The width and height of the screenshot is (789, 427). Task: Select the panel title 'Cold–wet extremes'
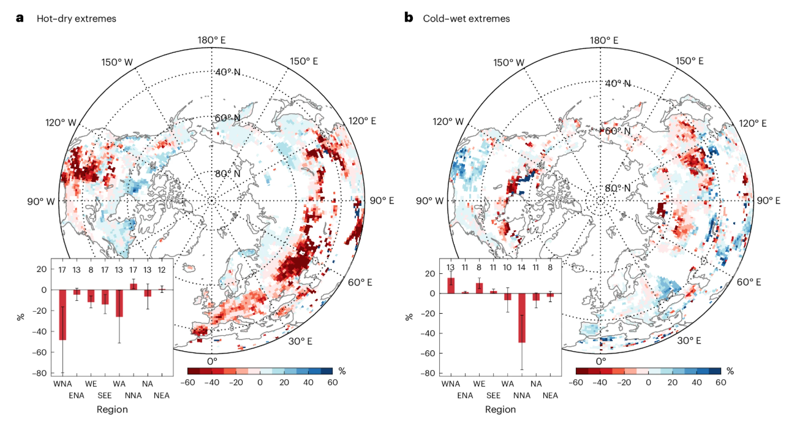tap(466, 18)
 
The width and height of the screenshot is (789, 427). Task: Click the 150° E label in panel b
tap(690, 61)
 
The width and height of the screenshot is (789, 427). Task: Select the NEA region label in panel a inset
tap(162, 395)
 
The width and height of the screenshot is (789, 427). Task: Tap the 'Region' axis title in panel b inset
tap(500, 409)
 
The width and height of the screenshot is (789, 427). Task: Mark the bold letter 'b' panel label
tap(409, 18)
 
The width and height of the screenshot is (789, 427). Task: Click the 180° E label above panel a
tap(211, 40)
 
